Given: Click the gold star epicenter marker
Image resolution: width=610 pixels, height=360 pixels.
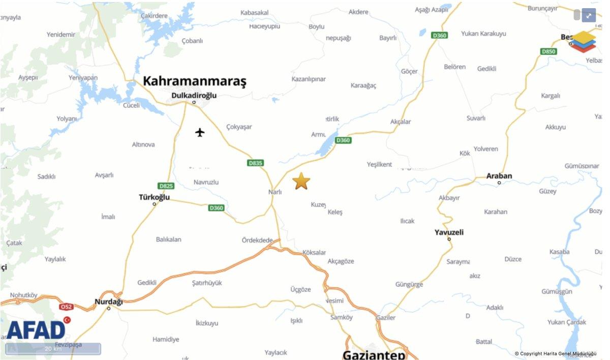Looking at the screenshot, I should [x=301, y=181].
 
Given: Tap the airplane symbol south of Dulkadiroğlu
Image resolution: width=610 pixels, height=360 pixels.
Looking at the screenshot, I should [x=200, y=133].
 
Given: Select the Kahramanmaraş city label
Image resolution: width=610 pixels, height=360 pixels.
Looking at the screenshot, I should [x=194, y=81].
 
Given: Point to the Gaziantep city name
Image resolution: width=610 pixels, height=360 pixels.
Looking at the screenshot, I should [x=374, y=354].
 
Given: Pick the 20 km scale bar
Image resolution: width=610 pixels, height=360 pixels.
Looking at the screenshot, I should [x=53, y=349].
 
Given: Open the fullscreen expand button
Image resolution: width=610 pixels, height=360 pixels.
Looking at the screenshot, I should [x=588, y=16].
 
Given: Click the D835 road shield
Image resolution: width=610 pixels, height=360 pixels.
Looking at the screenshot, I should [x=256, y=163].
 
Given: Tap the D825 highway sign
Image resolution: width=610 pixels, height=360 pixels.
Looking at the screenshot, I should [x=166, y=186].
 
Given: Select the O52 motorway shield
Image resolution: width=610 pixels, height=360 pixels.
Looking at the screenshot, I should [x=66, y=307].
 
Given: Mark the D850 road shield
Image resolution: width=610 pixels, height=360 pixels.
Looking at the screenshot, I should [x=548, y=51].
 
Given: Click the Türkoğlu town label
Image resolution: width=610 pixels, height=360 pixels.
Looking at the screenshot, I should [x=154, y=197].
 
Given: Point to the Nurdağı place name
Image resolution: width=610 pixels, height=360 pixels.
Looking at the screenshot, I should [x=109, y=302].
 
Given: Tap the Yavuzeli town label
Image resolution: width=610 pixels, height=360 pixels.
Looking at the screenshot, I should [x=449, y=232].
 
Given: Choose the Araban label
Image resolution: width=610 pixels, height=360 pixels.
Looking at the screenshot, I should [x=499, y=176].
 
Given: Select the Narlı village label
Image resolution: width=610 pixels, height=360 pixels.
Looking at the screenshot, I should [x=274, y=192].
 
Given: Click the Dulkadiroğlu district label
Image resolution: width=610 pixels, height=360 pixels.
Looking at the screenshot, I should [x=194, y=95].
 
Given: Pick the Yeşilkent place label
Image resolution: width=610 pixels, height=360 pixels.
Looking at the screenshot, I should [x=379, y=164].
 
